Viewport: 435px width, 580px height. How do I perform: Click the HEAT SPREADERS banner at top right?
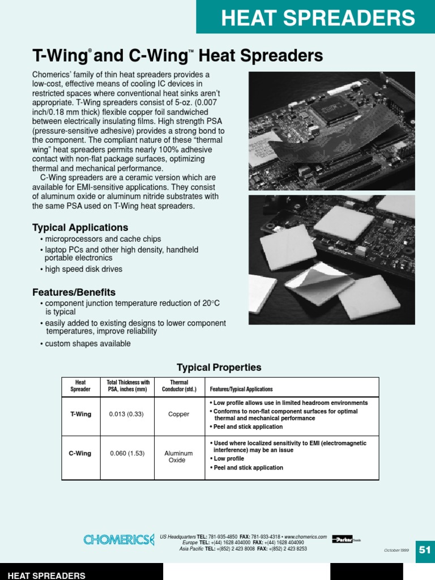317,18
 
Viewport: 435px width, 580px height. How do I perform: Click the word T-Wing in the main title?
59,56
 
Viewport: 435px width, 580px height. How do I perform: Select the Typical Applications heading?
80,228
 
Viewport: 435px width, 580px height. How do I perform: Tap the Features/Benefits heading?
74,292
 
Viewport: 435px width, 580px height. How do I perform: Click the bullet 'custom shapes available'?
88,344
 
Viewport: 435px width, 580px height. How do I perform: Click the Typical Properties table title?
219,368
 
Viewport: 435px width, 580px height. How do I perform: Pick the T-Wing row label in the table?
80,414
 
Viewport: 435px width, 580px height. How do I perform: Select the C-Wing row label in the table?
80,454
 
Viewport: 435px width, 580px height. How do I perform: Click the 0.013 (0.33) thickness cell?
126,414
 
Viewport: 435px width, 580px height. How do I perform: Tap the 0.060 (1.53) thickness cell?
127,454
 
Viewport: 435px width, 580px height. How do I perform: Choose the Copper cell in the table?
179,414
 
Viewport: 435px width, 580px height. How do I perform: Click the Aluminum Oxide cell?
178,457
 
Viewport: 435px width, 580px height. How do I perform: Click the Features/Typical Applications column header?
241,390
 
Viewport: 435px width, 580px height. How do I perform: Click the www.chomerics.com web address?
306,536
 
